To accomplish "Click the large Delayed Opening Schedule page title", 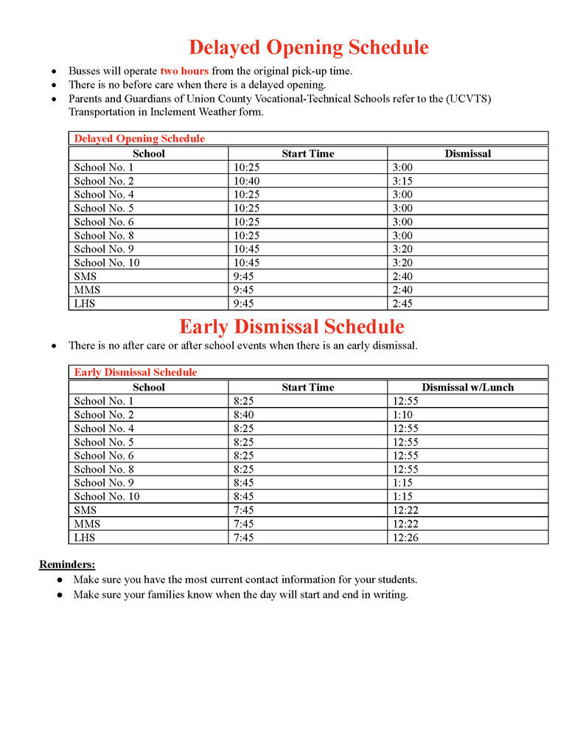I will tap(308, 48).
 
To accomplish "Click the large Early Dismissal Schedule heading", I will tap(291, 327).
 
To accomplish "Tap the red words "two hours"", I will tap(184, 72).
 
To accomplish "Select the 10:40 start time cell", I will tap(247, 181).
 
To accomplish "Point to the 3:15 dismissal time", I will tap(402, 181).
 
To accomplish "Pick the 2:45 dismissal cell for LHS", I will tap(402, 304).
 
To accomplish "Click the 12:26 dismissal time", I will tap(405, 537).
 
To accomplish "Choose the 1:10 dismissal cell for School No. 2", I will tap(402, 414).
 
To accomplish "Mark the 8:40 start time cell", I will tap(244, 414).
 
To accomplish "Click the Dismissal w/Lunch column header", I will tap(467, 387).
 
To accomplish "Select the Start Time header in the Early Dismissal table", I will tap(307, 387).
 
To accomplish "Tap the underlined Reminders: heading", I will tap(67, 565).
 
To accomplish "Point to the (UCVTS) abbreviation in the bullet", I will tap(474, 99).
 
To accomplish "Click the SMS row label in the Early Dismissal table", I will tap(85, 510).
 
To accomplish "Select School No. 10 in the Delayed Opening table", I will tap(106, 262).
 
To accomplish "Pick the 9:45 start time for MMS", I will tap(244, 290).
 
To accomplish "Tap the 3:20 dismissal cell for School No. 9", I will tap(402, 249).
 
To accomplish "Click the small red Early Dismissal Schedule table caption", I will tap(136, 372).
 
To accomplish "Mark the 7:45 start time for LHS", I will tap(244, 537).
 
